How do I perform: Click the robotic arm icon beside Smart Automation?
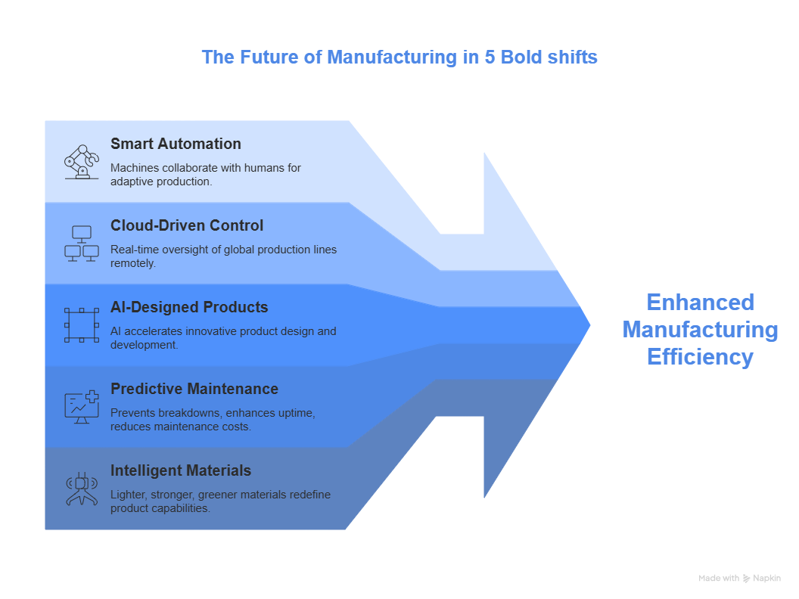pos(82,162)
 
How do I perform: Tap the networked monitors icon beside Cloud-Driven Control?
pos(82,244)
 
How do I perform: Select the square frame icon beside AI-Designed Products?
pos(82,325)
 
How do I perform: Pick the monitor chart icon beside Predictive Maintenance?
pos(82,407)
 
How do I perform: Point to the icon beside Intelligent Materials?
pos(82,489)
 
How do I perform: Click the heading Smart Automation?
pos(176,144)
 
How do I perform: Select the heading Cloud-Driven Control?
pos(187,225)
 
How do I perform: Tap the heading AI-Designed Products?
pos(189,307)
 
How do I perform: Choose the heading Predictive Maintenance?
pos(194,389)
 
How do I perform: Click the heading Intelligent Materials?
pos(181,470)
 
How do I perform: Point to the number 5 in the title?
pos(490,57)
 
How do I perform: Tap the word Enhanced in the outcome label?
pos(700,303)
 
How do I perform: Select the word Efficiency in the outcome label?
pos(700,357)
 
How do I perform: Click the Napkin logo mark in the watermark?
pos(746,578)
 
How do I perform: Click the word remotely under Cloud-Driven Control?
pos(133,263)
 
